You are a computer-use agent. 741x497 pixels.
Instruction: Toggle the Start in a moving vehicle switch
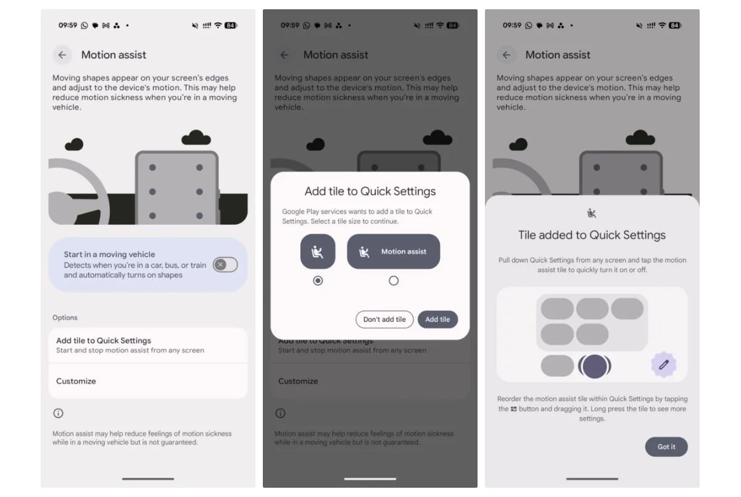(225, 265)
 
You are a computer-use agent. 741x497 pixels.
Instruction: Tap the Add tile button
(437, 320)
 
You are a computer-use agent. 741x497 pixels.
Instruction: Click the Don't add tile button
(384, 320)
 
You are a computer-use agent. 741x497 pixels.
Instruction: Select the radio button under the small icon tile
(318, 281)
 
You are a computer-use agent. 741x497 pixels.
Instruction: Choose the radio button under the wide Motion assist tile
(394, 281)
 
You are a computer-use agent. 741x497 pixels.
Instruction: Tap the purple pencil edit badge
(664, 364)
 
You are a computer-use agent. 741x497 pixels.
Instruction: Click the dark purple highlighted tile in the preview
(594, 366)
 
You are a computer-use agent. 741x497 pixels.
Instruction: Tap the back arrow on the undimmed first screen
(62, 55)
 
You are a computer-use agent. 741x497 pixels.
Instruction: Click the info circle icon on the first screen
(58, 413)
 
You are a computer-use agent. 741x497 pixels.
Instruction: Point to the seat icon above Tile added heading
(592, 213)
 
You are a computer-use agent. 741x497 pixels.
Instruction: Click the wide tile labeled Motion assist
(393, 252)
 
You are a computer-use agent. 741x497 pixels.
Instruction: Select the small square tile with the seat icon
(318, 252)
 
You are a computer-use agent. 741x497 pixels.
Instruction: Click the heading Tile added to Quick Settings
(592, 235)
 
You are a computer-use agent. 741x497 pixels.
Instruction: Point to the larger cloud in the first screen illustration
(196, 138)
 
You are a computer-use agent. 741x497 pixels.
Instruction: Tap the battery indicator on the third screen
(674, 25)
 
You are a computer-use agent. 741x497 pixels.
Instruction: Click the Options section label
(65, 317)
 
